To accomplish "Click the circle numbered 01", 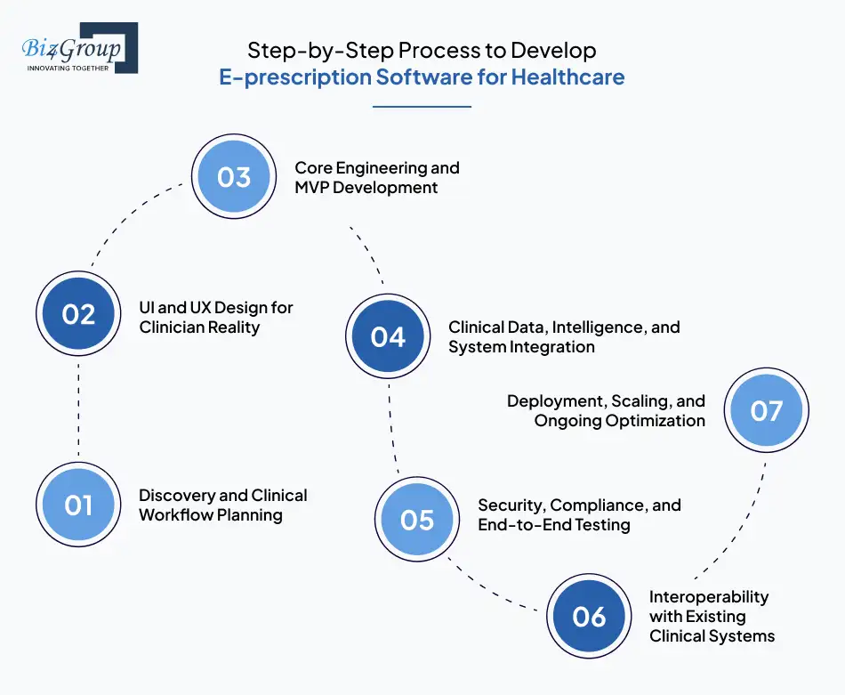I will click(78, 505).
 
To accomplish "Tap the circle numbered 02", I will click(78, 314).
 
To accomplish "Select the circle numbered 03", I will click(234, 177).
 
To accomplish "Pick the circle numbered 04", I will click(388, 337).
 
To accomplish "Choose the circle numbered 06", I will click(589, 617).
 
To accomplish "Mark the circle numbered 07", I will click(766, 410).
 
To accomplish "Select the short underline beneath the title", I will click(422, 107).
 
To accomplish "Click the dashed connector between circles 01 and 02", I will click(78, 409).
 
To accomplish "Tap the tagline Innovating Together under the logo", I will click(68, 68).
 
